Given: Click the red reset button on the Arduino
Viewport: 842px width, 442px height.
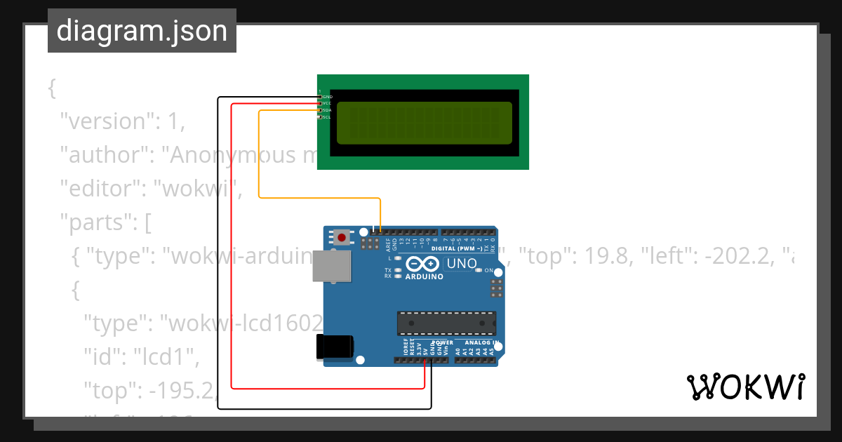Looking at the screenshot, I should (x=342, y=238).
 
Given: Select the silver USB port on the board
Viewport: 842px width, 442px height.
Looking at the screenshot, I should (x=332, y=267).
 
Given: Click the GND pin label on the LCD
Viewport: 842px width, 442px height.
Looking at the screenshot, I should (x=327, y=96).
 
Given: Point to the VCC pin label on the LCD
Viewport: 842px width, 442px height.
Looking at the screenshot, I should (x=327, y=103).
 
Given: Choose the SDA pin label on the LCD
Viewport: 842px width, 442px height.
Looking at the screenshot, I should (x=327, y=110).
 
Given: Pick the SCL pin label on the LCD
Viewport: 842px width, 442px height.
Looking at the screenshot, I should (x=327, y=117).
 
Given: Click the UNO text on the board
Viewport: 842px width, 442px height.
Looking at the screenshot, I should (x=462, y=264).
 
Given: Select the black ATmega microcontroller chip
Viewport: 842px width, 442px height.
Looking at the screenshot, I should (x=447, y=322).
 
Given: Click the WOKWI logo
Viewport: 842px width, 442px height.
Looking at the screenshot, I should (x=746, y=387).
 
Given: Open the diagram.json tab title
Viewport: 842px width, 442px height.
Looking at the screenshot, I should (x=142, y=31).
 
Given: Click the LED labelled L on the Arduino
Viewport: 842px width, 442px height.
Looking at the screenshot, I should (x=398, y=259).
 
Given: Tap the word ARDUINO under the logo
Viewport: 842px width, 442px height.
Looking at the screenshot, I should (x=423, y=276).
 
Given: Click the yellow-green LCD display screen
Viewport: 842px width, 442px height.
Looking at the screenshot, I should (x=425, y=122).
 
